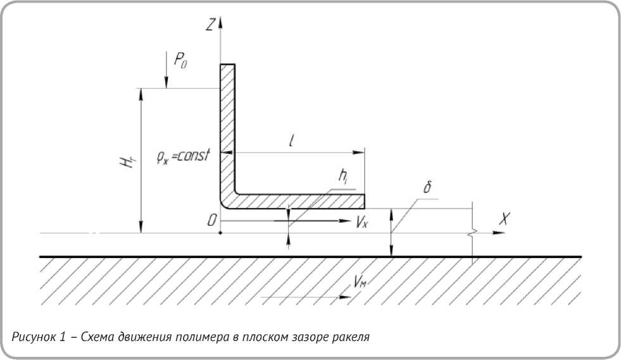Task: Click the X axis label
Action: click(505, 219)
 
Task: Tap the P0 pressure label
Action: click(181, 61)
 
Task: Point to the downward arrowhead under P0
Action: click(166, 84)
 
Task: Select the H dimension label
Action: click(128, 161)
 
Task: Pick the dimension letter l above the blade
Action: click(291, 142)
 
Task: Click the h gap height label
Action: click(342, 180)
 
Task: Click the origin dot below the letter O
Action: click(220, 233)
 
